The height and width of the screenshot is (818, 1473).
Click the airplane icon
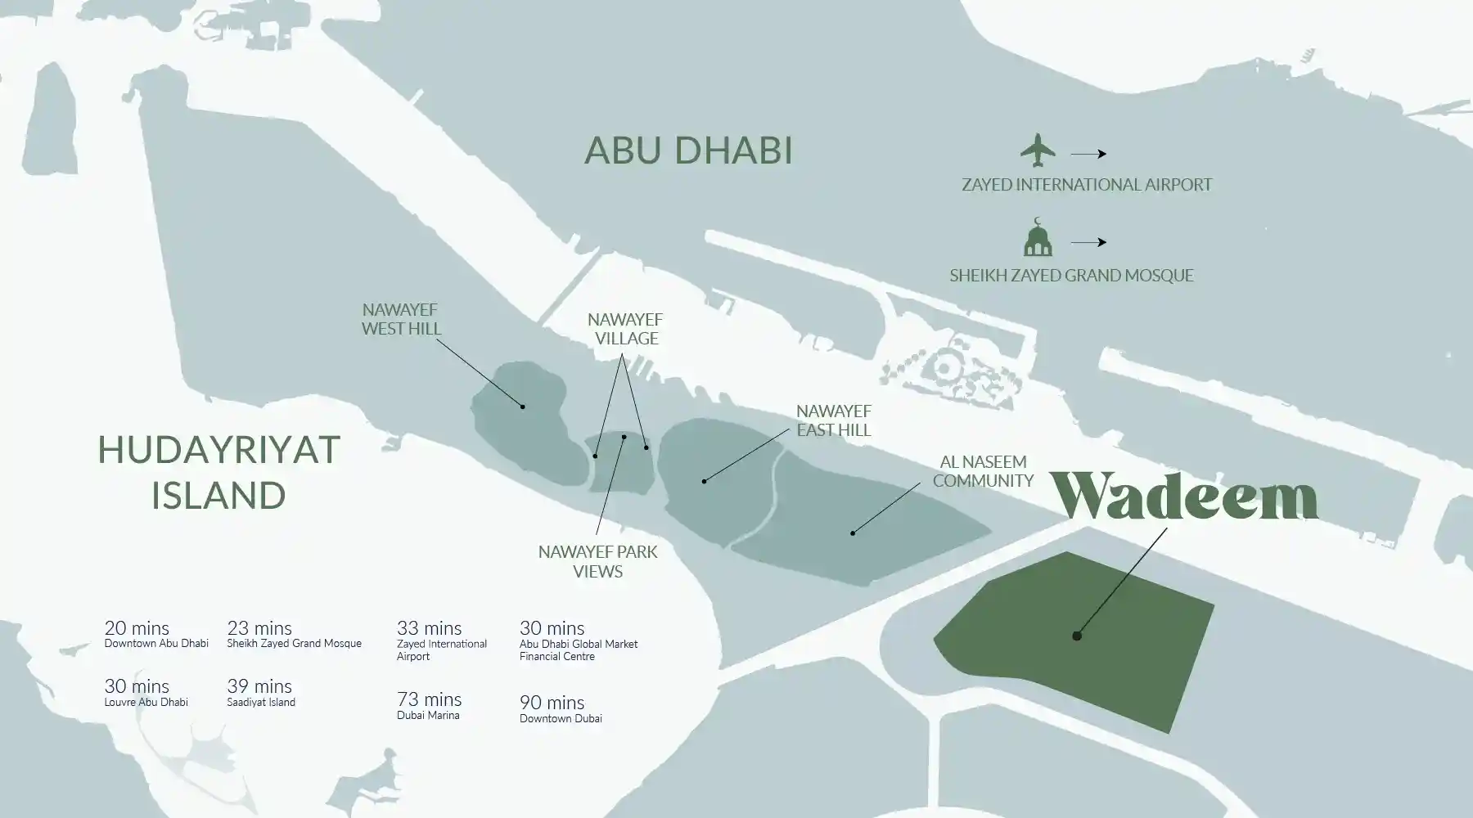pos(1038,150)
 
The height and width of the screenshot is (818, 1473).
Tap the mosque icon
pos(1038,238)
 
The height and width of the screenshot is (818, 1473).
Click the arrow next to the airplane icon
pos(1088,154)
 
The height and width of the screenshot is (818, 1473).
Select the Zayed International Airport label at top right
pos(1086,185)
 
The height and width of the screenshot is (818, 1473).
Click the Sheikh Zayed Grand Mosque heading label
pos(1071,276)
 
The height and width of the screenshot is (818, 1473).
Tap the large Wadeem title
pos(1183,496)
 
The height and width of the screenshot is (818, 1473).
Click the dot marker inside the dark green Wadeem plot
pos(1077,636)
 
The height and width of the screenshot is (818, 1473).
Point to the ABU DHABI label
pos(688,151)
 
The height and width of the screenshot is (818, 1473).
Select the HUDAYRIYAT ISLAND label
pos(218,473)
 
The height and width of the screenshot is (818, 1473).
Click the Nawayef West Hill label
pos(401,319)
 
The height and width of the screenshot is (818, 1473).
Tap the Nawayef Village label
pos(626,329)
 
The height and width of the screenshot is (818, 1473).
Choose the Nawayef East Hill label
pos(833,420)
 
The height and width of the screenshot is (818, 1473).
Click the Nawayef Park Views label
pos(597,561)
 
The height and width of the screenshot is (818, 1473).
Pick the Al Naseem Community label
pos(983,471)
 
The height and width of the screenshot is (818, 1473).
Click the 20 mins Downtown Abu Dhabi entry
pos(155,634)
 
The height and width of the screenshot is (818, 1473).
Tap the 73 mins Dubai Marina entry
pos(429,705)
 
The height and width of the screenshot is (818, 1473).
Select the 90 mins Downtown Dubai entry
pos(560,708)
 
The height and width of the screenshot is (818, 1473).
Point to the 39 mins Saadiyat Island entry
pos(260,692)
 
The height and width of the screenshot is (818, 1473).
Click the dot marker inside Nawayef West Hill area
pos(522,406)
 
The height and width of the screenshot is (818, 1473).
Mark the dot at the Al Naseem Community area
pos(852,533)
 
